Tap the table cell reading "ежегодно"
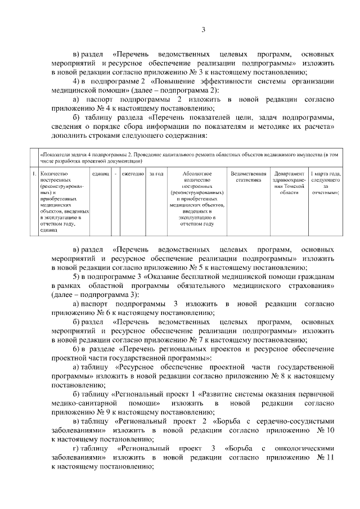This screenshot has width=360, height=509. pyautogui.click(x=133, y=174)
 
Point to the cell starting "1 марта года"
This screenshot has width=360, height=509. pyautogui.click(x=325, y=183)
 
